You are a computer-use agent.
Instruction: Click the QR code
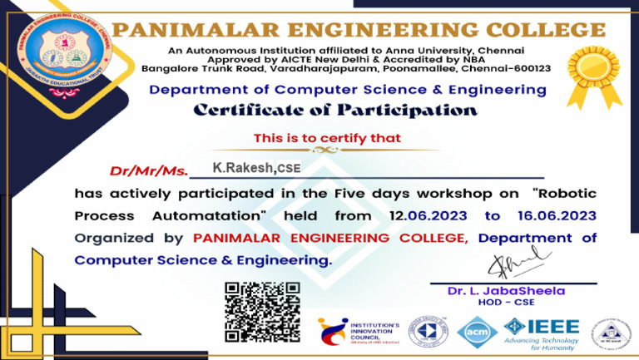coord(262,312)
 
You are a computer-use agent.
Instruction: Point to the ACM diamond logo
coord(477,333)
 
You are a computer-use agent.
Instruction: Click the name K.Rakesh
coord(243,168)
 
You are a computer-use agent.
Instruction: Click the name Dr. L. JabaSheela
coord(506,291)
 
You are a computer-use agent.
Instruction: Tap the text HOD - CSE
coord(506,303)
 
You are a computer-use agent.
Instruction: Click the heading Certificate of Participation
coord(336,111)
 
